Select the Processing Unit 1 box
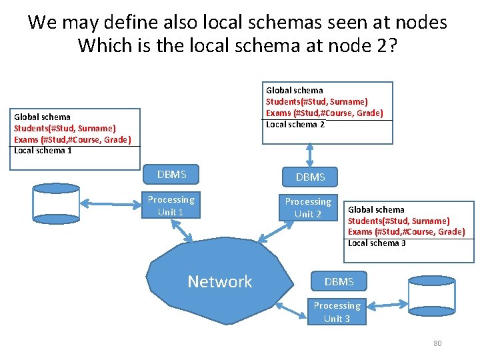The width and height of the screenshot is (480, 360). tap(171, 206)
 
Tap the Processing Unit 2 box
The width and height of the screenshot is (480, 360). tap(308, 208)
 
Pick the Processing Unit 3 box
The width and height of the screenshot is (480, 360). tap(337, 312)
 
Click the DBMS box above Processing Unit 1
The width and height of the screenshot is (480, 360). tap(171, 175)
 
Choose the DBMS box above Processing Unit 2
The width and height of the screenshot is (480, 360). tap(311, 177)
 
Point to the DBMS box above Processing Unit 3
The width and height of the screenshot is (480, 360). tap(339, 282)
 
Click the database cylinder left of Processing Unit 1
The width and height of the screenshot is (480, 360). tap(57, 206)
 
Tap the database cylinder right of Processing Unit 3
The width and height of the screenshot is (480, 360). tap(431, 301)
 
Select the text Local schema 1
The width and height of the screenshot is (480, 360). tap(43, 150)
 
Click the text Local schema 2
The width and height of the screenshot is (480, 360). tap(295, 124)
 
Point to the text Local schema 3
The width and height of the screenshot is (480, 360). tap(377, 243)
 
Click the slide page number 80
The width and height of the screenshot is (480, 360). tap(437, 343)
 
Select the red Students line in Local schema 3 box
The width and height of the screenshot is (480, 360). tap(399, 221)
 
